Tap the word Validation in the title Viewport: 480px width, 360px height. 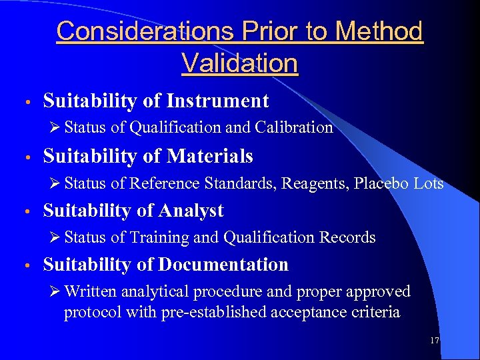point(239,63)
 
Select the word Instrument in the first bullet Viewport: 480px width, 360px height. point(217,101)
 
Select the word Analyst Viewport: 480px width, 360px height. point(191,211)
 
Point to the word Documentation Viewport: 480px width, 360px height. point(223,265)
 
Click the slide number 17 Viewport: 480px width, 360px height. point(435,341)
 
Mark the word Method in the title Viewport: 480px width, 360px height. point(379,31)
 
